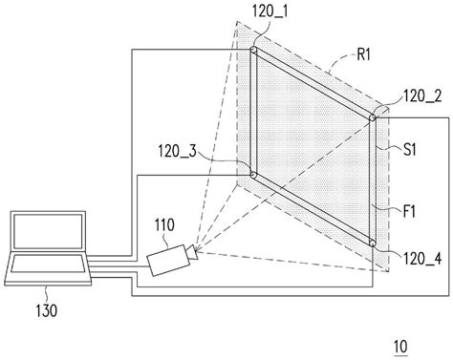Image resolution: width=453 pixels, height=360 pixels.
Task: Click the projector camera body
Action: (x=165, y=261)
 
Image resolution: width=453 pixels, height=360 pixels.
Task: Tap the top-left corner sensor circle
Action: (x=253, y=50)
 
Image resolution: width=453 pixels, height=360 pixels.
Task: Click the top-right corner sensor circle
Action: (x=374, y=116)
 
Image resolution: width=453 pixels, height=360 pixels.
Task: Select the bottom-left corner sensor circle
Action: (x=253, y=174)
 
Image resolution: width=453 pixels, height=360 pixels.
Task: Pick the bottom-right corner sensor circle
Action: (x=374, y=244)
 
